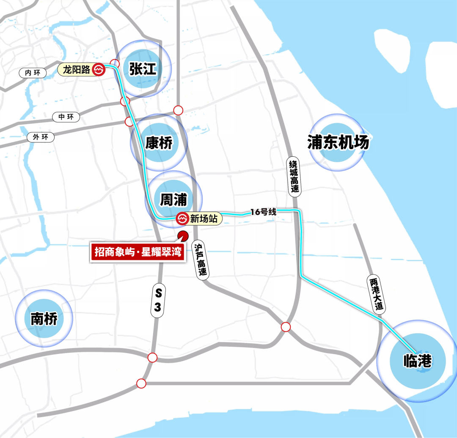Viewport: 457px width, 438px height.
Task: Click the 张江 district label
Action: [143, 69]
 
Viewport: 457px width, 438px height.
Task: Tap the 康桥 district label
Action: [159, 143]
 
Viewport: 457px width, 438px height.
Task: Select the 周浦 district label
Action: [173, 199]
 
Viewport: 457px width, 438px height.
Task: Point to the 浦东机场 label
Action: [338, 143]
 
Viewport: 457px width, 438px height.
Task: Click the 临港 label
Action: [418, 361]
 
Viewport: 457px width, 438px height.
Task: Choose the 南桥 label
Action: [44, 318]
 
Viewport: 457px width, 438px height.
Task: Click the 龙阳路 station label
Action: [77, 70]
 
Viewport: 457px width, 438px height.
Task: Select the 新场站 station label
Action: [204, 219]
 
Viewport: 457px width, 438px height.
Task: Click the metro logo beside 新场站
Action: [182, 219]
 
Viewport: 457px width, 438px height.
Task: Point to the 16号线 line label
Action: [263, 212]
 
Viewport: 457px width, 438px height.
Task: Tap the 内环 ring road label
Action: [32, 73]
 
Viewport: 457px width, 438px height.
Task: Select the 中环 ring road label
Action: [66, 117]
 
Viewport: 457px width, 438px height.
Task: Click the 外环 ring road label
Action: [41, 137]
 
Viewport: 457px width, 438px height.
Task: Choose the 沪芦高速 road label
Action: [201, 259]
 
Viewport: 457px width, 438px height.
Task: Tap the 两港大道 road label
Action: [376, 294]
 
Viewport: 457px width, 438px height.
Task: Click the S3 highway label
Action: [157, 300]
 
